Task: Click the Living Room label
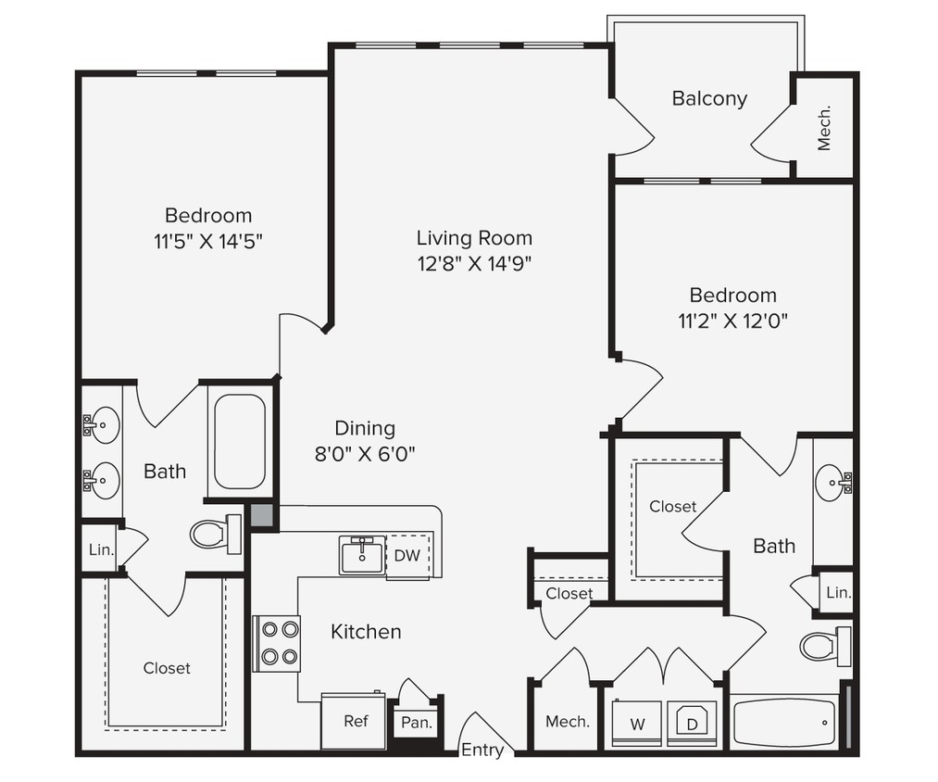(474, 237)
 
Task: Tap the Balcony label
(709, 98)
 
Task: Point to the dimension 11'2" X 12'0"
(732, 321)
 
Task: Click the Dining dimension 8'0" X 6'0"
(365, 454)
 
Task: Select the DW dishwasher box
(407, 556)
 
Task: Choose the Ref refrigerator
(356, 721)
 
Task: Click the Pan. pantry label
(416, 723)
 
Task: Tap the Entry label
(482, 750)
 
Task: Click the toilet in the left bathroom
(214, 534)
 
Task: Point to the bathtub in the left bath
(239, 441)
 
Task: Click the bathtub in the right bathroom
(784, 723)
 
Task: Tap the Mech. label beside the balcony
(823, 127)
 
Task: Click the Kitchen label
(366, 632)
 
